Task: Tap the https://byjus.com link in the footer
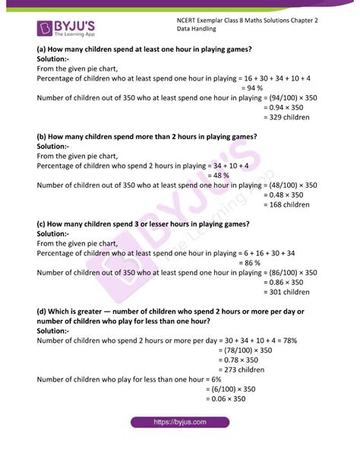[180, 422]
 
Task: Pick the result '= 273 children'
[242, 369]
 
